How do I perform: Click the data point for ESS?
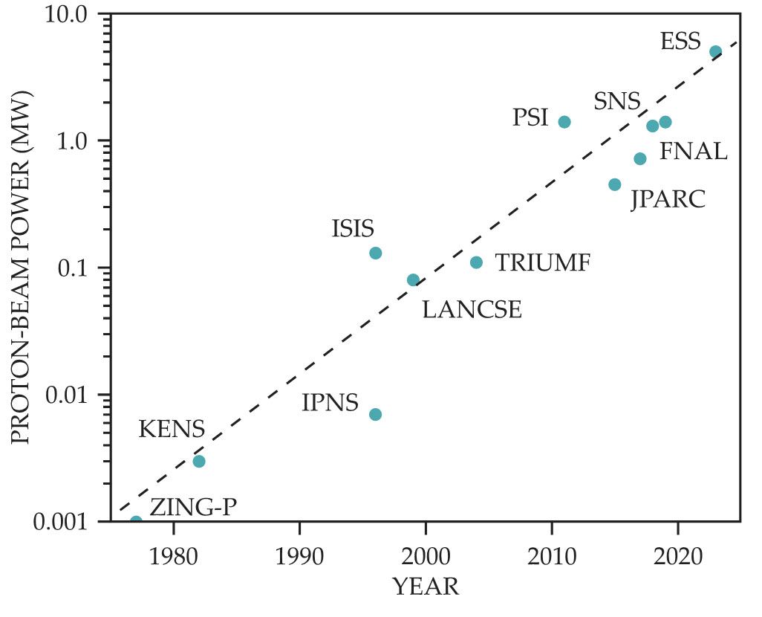715,52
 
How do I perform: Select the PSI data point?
564,122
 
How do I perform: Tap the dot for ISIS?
376,253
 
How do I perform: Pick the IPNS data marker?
376,414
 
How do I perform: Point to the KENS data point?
199,461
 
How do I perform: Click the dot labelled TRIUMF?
476,262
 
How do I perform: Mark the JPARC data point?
615,184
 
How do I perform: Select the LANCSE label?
472,310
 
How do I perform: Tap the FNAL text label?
693,152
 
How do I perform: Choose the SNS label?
616,102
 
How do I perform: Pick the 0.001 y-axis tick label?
64,522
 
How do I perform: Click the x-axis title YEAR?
426,587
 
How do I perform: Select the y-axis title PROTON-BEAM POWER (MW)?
21,268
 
